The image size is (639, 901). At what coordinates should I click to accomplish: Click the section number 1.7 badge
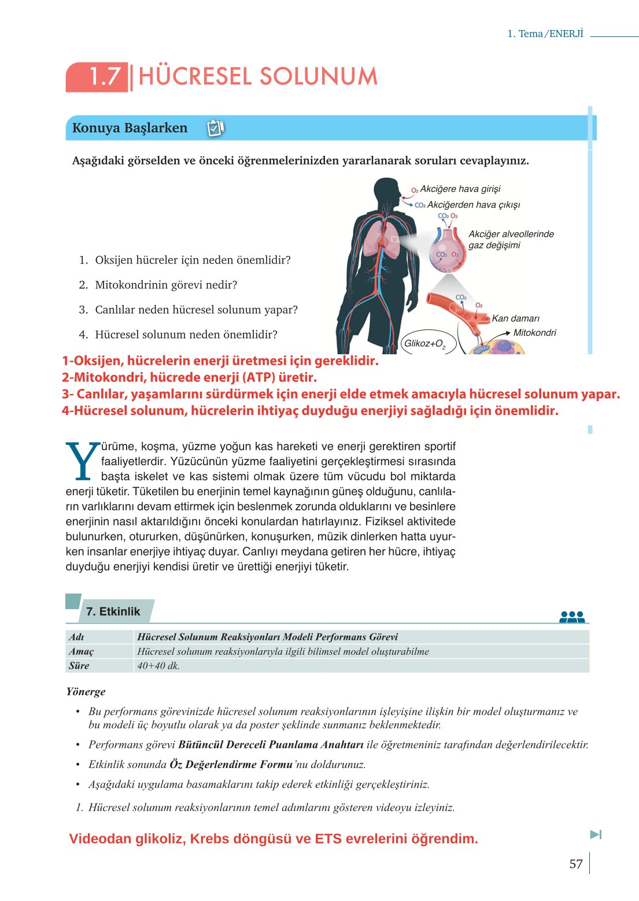tap(97, 77)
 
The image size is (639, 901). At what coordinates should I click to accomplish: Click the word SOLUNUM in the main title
tap(317, 77)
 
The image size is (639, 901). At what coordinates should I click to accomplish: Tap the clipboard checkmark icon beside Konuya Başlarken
tap(215, 128)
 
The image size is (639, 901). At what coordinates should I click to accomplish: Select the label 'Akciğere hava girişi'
tap(460, 189)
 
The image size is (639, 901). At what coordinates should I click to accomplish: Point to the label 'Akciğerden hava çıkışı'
tap(473, 205)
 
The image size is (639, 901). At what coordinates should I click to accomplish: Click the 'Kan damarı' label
tap(515, 318)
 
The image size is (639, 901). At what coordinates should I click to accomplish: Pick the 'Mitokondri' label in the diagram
tap(534, 333)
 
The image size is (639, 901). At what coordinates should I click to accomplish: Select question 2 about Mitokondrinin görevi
tap(166, 285)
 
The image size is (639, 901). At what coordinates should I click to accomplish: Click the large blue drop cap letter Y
tap(82, 462)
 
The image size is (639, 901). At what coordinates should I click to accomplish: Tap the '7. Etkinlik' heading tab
tap(113, 611)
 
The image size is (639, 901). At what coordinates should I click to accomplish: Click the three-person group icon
tap(571, 617)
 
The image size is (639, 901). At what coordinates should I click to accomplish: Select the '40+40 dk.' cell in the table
tap(158, 666)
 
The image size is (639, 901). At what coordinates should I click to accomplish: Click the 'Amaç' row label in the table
tap(82, 651)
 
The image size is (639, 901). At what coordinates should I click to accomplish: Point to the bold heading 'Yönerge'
tap(86, 692)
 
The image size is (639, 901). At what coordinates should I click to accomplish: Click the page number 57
tap(575, 864)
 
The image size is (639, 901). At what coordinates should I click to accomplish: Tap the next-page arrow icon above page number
tap(596, 835)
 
